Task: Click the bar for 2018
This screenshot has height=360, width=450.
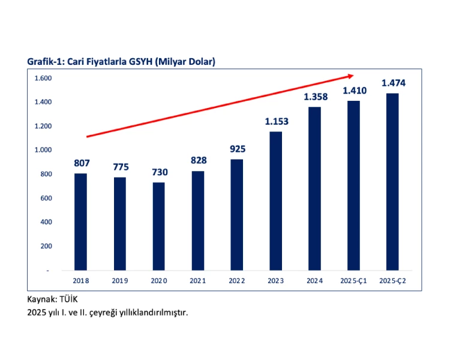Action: click(80, 221)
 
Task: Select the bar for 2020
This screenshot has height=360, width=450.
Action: click(158, 226)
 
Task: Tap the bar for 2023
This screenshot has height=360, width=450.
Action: click(276, 200)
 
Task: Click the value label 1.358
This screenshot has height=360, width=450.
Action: click(315, 97)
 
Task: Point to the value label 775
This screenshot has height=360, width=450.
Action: click(119, 167)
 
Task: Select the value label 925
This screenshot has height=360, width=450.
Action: click(237, 148)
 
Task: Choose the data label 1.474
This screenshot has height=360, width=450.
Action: click(392, 82)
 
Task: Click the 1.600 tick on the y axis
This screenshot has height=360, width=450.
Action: click(43, 78)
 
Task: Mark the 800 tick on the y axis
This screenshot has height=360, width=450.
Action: click(46, 174)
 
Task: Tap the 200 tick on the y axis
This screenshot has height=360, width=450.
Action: click(46, 246)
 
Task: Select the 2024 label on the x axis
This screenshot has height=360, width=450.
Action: click(315, 280)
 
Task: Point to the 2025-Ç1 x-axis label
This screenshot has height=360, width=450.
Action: click(354, 280)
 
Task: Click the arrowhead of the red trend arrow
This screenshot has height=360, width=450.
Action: click(350, 76)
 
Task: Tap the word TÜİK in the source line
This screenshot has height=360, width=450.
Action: click(68, 298)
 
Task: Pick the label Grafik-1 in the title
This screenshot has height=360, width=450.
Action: click(43, 62)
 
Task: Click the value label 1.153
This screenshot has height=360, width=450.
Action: click(276, 121)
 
